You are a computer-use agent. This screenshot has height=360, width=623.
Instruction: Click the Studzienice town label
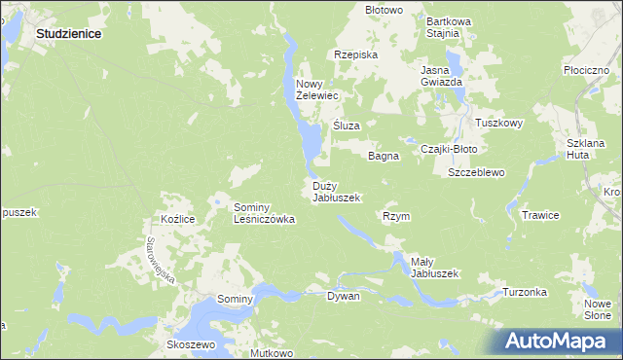coord(69,32)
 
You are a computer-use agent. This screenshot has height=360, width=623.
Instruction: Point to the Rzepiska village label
coord(354,55)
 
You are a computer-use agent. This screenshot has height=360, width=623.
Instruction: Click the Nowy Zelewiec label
coord(316,90)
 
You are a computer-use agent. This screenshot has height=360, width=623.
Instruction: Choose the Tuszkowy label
coord(499,124)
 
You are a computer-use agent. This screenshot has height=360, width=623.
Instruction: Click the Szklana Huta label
coord(585,149)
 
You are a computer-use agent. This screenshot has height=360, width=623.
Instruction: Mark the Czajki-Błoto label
coord(448,149)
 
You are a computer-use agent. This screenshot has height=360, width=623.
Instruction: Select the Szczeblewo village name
coord(475,172)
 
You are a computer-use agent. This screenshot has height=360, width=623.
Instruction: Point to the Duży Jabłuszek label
coord(336,192)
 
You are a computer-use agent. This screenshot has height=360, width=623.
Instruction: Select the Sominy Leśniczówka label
coord(263,214)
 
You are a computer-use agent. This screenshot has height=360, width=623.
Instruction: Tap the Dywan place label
coord(343,296)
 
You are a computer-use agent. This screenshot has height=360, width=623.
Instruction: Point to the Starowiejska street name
coord(160,260)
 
